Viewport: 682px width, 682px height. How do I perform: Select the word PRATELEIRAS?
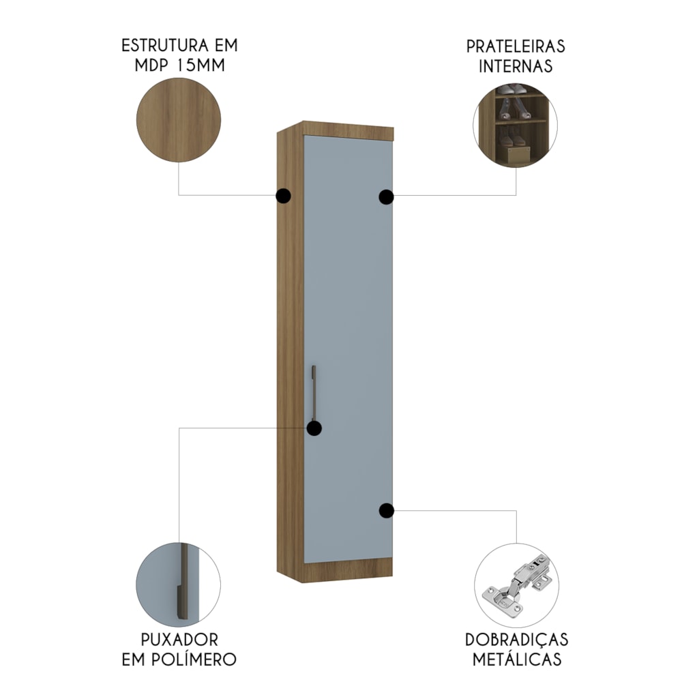click(x=516, y=46)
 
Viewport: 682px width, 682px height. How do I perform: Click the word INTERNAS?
click(x=516, y=66)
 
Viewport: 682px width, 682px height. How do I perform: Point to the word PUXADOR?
click(x=179, y=640)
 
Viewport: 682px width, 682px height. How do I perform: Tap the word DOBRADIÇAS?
click(x=517, y=640)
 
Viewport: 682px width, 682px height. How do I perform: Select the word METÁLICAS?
click(x=517, y=659)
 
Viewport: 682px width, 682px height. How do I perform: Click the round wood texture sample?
click(x=179, y=120)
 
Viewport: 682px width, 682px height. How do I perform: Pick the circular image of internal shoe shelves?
click(x=516, y=125)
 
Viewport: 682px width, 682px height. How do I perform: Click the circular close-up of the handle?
click(x=178, y=585)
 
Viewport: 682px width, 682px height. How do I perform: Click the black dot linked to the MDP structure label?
click(x=283, y=196)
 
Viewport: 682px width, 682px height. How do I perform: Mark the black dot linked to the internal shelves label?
click(x=386, y=197)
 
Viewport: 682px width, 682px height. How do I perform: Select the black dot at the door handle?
click(x=314, y=428)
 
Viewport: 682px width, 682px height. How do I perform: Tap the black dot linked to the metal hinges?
click(x=386, y=511)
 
